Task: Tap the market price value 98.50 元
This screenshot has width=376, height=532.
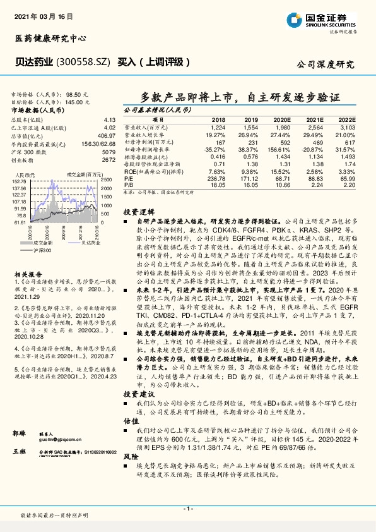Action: (x=78, y=93)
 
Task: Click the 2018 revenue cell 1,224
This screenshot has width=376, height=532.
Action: (x=218, y=127)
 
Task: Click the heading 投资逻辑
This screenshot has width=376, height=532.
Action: (x=135, y=213)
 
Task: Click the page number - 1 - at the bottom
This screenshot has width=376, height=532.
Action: (x=188, y=508)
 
